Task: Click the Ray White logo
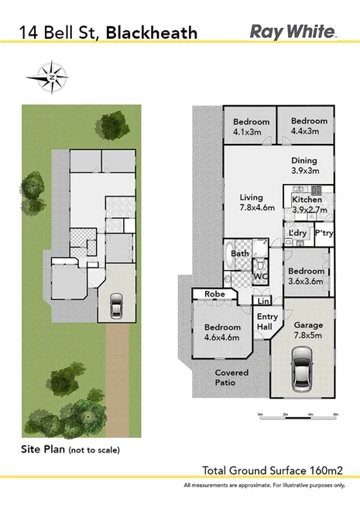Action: tap(293, 32)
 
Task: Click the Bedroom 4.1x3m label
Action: tap(252, 127)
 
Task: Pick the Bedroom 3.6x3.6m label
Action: tap(306, 276)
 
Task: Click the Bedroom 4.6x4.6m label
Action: tap(221, 332)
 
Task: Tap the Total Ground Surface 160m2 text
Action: tap(272, 469)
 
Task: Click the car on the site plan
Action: tap(115, 307)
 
